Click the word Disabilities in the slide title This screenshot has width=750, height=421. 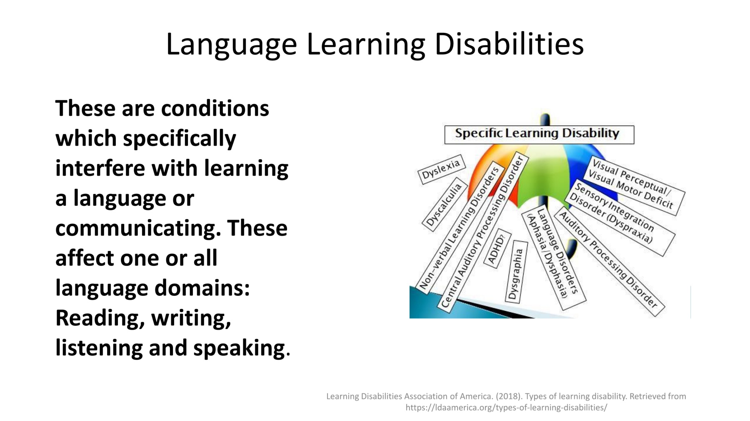point(509,44)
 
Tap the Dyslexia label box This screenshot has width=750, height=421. point(441,170)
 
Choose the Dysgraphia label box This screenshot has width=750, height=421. point(516,272)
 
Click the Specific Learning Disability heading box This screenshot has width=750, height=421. point(539,134)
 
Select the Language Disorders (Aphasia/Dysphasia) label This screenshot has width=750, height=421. point(554,258)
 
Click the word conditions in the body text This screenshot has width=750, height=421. point(215,108)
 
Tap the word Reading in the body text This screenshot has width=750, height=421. point(100,319)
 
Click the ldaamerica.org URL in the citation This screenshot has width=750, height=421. point(506,408)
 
